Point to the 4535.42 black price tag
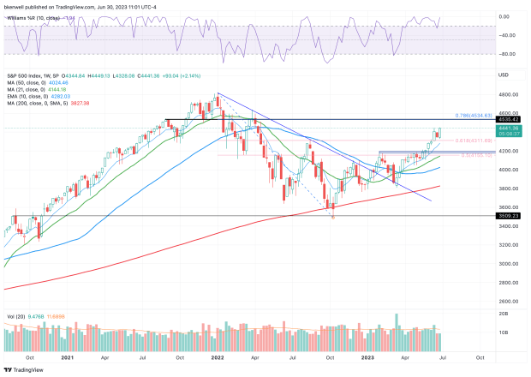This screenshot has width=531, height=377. click(x=510, y=119)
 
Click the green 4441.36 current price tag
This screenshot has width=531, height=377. click(x=510, y=128)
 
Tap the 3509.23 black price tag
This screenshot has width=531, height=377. click(x=510, y=216)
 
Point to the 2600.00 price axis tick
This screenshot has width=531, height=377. click(x=510, y=301)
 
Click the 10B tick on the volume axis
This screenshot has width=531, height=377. click(x=505, y=331)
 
